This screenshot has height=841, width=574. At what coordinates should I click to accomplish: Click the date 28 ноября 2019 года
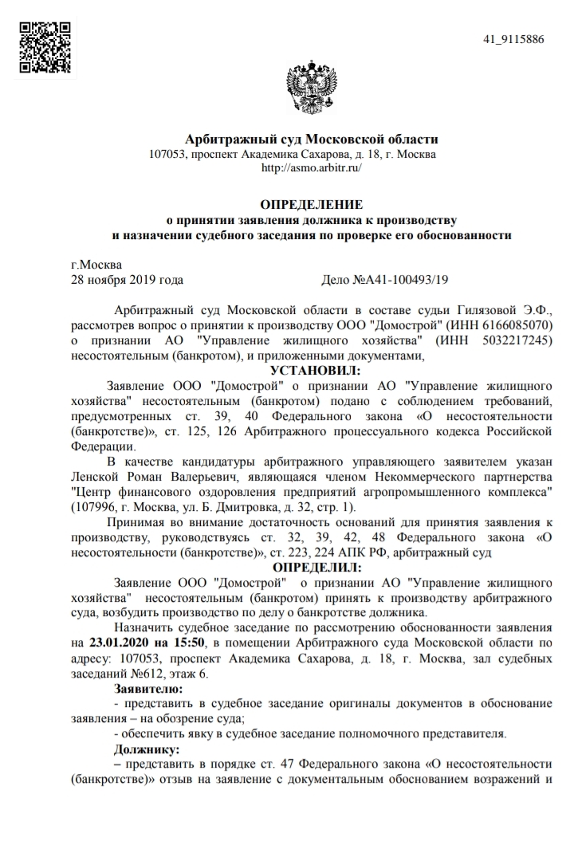click(x=128, y=280)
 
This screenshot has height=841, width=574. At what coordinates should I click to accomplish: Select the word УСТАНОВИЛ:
click(x=316, y=370)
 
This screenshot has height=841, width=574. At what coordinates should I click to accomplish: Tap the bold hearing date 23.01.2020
click(x=120, y=642)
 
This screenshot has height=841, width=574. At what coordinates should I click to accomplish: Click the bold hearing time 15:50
click(x=191, y=642)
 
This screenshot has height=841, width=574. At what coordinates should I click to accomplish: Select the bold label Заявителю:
click(x=148, y=687)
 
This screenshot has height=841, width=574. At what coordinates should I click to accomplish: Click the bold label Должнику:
click(x=147, y=749)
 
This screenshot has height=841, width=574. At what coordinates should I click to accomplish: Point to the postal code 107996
click(x=93, y=508)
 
